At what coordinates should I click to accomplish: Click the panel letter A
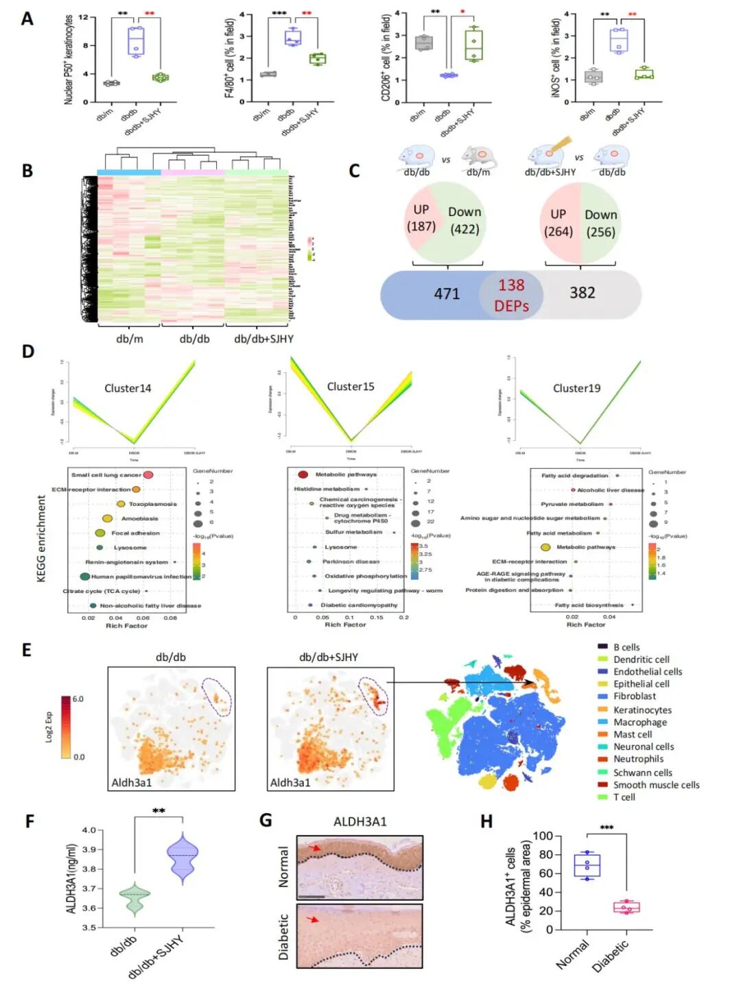coord(27,18)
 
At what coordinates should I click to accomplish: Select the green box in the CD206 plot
coord(474,45)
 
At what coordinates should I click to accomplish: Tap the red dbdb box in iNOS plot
coord(619,40)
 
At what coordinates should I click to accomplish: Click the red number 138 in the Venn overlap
coord(511,285)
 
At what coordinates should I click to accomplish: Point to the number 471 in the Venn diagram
coord(447,293)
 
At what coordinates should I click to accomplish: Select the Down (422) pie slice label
coord(464,221)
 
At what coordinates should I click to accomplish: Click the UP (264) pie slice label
coord(558,223)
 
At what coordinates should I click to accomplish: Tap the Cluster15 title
coord(351,387)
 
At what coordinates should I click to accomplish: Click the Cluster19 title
coord(576,388)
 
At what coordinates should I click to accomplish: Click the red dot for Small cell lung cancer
coord(148,474)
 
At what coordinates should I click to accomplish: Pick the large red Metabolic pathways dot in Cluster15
coord(303,474)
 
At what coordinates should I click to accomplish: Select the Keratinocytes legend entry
coord(642,710)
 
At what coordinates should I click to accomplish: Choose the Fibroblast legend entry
coord(634,696)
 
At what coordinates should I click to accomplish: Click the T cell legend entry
coord(624,797)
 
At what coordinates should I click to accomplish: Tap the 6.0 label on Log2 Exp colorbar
coord(78,699)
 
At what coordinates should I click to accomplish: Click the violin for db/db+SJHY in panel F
coord(183,856)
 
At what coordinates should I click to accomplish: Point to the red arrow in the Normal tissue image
coord(315,849)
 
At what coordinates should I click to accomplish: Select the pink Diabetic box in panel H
coord(626,907)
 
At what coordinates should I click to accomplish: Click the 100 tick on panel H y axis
coord(542,836)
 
